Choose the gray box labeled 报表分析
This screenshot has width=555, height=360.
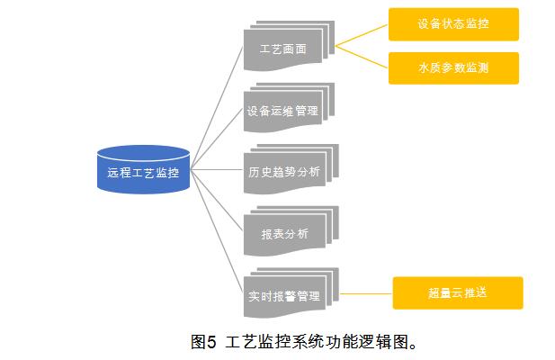284,234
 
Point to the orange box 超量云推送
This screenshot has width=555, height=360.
457,293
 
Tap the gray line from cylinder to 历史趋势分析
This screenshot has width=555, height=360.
216,168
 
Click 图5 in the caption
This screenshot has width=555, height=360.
204,342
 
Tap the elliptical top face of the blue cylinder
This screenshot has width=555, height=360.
143,152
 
